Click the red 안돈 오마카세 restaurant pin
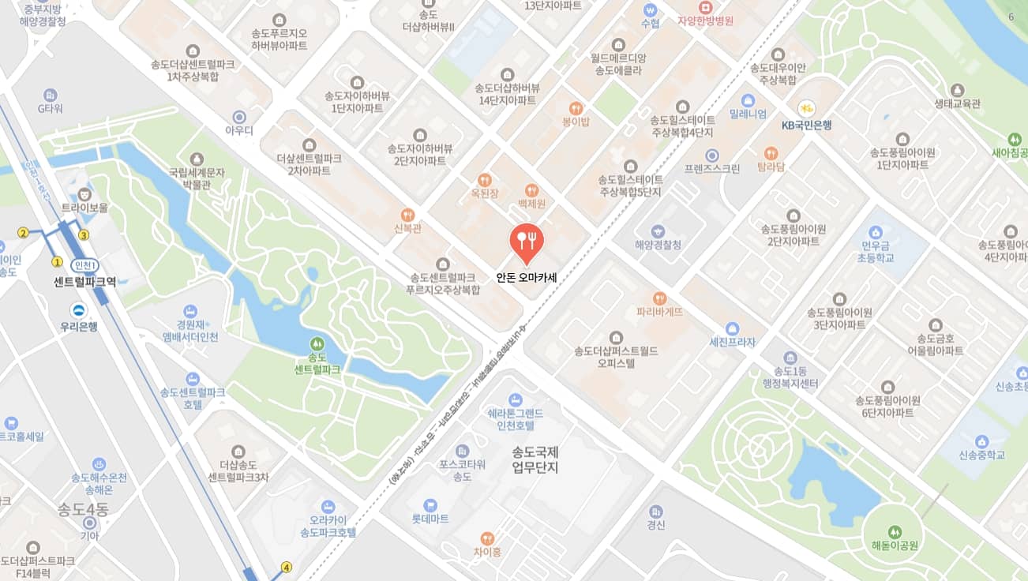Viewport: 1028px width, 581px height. coord(526,242)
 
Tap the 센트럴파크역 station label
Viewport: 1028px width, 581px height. coord(84,281)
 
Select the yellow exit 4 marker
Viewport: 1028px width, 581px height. coord(287,567)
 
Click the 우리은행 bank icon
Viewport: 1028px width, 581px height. coord(79,310)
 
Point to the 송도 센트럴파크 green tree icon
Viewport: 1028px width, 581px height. coord(317,343)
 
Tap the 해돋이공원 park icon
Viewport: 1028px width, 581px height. coord(895,531)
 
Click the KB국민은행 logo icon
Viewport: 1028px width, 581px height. coord(806,108)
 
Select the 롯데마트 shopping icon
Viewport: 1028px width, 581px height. coord(430,504)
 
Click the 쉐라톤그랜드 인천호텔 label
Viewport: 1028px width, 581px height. coord(515,419)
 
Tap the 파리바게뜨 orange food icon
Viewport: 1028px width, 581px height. coord(660,298)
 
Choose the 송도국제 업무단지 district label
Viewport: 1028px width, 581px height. coord(535,460)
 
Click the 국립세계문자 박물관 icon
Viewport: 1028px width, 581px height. coord(197,159)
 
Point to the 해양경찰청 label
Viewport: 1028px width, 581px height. coord(658,245)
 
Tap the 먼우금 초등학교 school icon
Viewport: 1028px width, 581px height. coord(875,232)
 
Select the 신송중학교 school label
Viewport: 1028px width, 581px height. coord(981,455)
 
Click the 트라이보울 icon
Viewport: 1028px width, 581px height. coord(84,193)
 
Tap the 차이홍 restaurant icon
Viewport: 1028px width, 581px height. coord(487,538)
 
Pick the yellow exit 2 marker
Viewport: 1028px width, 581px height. coord(24,232)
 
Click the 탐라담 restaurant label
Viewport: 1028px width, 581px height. coord(771,167)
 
